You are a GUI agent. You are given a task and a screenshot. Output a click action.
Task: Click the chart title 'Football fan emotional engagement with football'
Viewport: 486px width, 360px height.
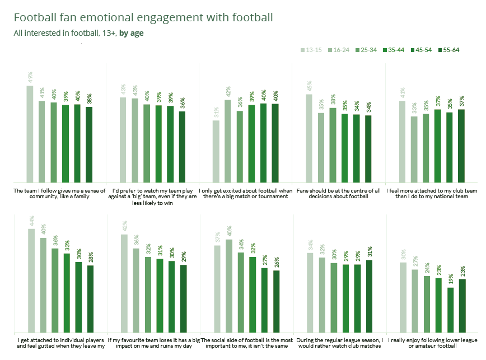pyautogui.click(x=143, y=17)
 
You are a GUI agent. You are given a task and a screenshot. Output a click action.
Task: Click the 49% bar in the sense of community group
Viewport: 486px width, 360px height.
pyautogui.click(x=30, y=134)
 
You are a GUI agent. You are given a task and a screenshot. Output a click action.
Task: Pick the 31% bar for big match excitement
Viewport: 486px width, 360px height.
pyautogui.click(x=216, y=151)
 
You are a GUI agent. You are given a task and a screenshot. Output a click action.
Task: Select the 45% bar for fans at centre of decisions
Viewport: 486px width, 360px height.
pyautogui.click(x=309, y=138)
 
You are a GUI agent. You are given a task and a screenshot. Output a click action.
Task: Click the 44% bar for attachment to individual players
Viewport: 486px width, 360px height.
pyautogui.click(x=31, y=279)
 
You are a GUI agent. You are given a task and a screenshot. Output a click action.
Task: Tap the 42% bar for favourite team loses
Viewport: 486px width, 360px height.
pyautogui.click(x=124, y=282)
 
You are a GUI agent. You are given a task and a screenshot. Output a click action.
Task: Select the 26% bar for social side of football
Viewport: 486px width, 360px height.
pyautogui.click(x=277, y=301)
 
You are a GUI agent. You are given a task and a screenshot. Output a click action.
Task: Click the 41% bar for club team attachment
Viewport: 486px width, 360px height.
pyautogui.click(x=402, y=142)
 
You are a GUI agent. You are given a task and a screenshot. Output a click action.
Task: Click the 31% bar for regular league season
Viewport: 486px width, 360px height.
pyautogui.click(x=369, y=295)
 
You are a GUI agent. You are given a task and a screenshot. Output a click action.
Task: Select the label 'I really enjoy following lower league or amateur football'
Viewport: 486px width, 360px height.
pyautogui.click(x=433, y=343)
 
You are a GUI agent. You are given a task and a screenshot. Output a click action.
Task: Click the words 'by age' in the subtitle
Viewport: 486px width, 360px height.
pyautogui.click(x=131, y=32)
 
